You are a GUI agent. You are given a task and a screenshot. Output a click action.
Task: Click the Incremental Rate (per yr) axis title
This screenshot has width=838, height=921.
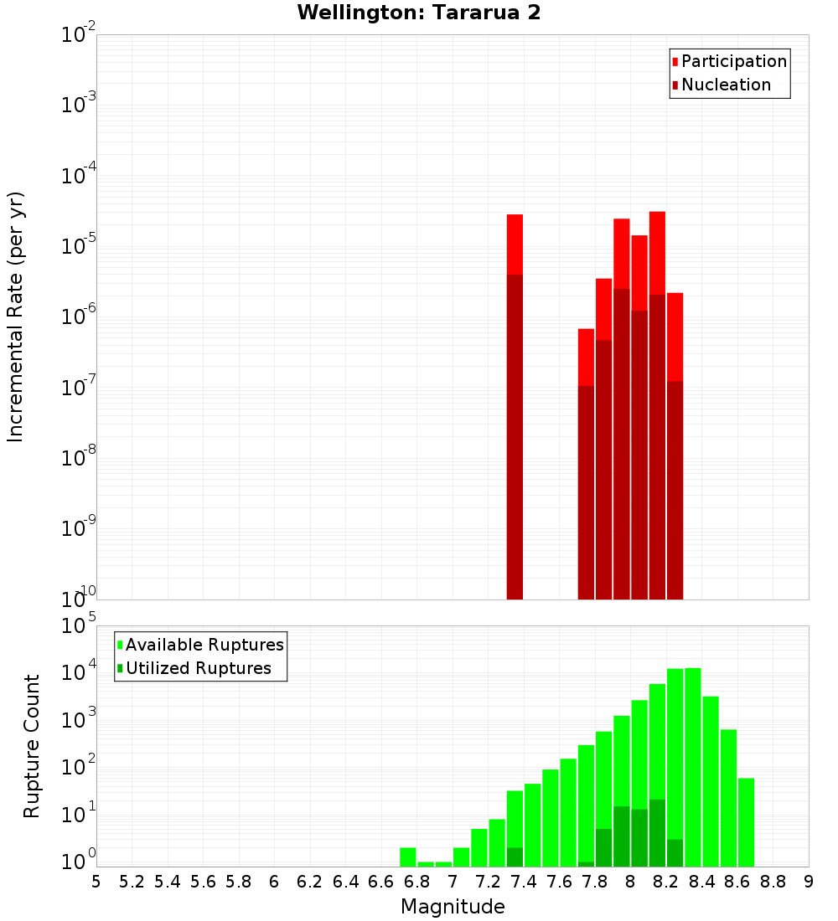point(16,316)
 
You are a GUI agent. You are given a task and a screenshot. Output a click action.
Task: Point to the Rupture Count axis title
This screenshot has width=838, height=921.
point(32,745)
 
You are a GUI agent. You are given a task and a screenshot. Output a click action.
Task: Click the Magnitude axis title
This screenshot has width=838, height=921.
point(453,907)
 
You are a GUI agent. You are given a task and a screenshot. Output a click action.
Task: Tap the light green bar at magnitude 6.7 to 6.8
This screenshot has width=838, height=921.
point(408,857)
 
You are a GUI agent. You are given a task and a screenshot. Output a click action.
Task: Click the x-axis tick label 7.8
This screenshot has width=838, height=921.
point(595,882)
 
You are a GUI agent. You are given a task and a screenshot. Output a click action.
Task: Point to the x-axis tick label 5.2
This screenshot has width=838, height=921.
point(132,882)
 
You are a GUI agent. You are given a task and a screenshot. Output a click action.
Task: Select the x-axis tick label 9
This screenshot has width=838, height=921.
point(809,882)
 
